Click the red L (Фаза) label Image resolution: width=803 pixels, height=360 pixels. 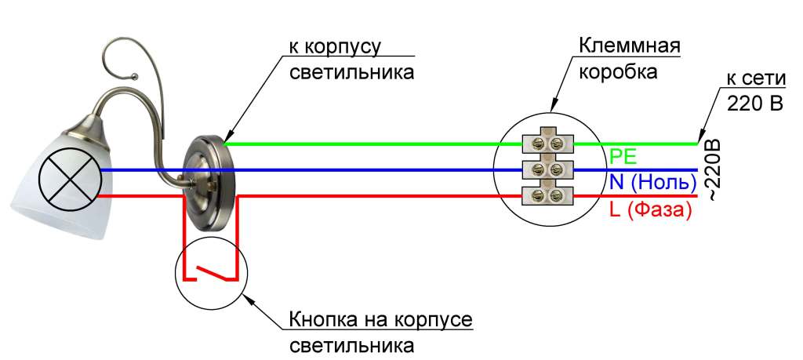[x=650, y=210]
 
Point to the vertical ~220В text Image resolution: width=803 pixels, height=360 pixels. [x=712, y=171]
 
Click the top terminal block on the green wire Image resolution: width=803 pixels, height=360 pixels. [x=548, y=143]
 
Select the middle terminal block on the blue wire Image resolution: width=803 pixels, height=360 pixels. [x=548, y=169]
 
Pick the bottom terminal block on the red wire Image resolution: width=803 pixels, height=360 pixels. [x=548, y=195]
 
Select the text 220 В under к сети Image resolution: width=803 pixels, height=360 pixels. [x=755, y=103]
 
